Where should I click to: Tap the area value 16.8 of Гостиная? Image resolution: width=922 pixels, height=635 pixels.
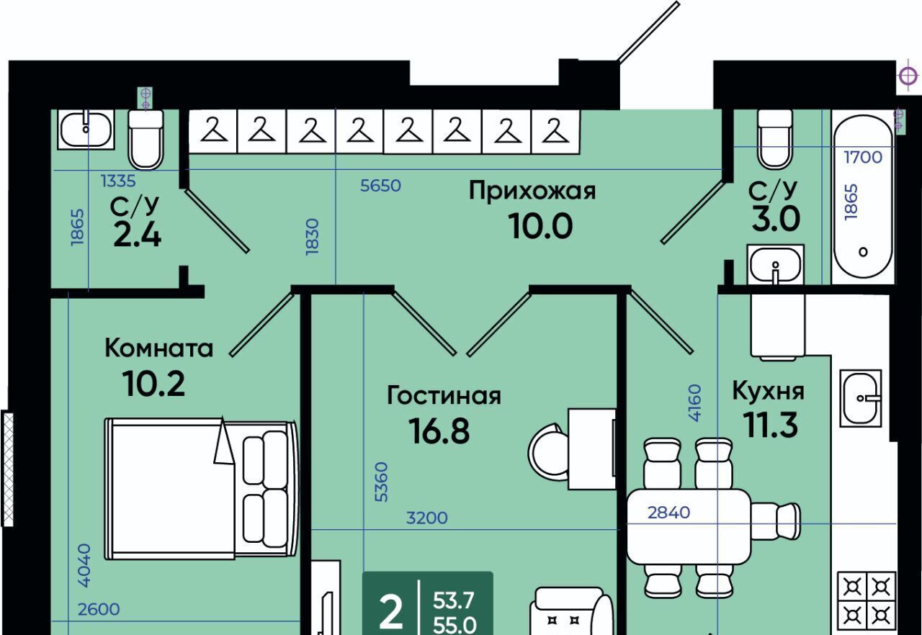[x=439, y=431]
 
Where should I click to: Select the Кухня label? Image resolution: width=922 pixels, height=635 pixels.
[x=768, y=391]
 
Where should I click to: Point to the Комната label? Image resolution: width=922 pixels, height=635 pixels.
[x=159, y=348]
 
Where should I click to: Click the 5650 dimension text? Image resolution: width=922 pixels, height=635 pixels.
[x=380, y=186]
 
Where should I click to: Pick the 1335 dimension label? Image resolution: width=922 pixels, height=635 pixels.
[x=118, y=181]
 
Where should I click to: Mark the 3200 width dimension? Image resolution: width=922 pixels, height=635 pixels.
[x=427, y=518]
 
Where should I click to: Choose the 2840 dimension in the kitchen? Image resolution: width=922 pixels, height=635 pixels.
[x=669, y=513]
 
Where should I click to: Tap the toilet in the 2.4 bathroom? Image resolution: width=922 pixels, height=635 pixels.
[x=146, y=139]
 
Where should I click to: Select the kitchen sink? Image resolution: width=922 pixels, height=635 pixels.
[x=861, y=398]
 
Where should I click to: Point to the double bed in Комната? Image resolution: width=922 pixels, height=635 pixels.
[x=201, y=489]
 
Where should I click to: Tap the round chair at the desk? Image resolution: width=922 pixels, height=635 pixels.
[x=548, y=452]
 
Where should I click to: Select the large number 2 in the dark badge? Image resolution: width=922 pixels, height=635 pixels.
[x=390, y=613]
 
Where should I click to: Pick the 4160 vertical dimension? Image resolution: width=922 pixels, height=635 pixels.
[x=694, y=402]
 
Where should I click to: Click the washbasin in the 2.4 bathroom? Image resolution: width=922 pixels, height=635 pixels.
[x=86, y=129]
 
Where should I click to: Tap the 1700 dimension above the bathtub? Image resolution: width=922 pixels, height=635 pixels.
[x=863, y=157]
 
